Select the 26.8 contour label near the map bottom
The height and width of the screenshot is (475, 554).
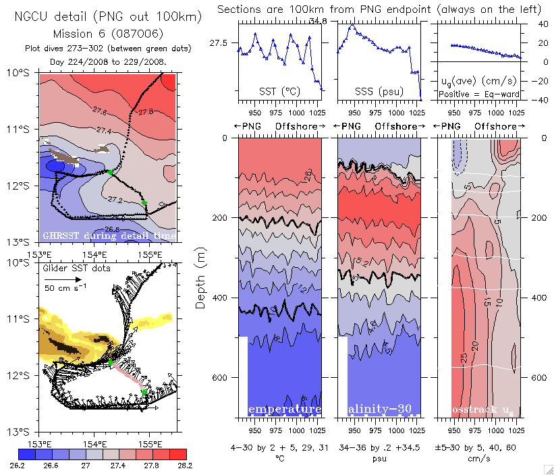[112, 229]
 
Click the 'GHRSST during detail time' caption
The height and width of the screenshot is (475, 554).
[109, 235]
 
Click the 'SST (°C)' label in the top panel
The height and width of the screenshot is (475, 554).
[277, 90]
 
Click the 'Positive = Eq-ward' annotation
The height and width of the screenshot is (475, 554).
[476, 94]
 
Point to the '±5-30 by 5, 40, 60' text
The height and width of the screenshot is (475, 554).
[477, 447]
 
